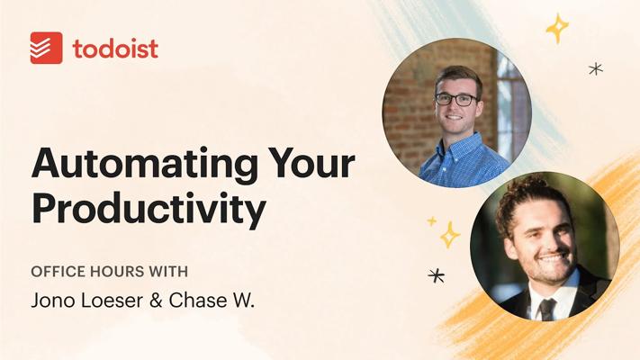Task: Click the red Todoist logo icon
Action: coord(46,48)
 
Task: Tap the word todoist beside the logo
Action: coord(115,49)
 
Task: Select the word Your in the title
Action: coord(311,164)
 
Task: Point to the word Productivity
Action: coord(149,209)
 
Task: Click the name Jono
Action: coord(52,301)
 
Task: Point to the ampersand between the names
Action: coord(156,301)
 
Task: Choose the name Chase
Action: coord(192,301)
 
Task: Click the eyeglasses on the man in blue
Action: coord(455,99)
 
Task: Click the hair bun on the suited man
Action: coord(527,182)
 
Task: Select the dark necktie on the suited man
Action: coord(547,309)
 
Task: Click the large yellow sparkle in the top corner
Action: coord(557,28)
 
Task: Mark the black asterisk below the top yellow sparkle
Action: coord(596,68)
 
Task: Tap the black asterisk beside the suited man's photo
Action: coord(437,276)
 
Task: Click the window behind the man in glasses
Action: coord(511,106)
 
